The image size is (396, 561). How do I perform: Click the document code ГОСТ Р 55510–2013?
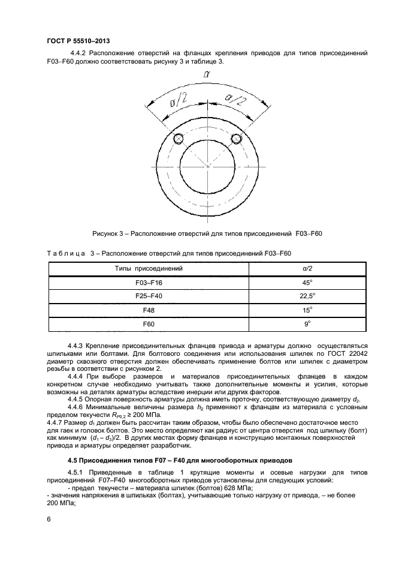[78, 40]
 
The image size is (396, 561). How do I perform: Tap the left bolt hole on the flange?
[178, 139]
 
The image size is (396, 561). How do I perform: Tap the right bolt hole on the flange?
[236, 139]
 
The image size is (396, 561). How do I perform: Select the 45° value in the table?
[307, 282]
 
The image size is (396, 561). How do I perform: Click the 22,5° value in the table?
[307, 296]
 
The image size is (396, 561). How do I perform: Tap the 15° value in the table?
[307, 310]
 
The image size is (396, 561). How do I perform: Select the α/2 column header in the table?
[307, 268]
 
